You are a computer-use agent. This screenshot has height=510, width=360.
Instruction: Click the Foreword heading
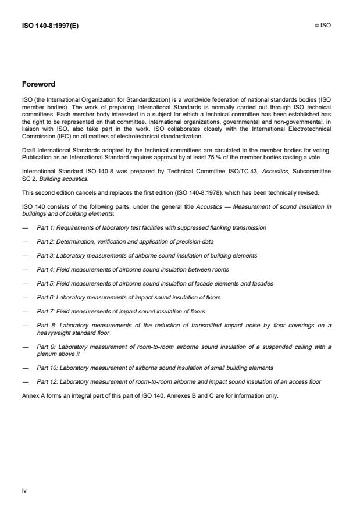[x=40, y=84]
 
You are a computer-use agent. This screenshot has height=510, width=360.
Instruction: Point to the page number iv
[x=24, y=490]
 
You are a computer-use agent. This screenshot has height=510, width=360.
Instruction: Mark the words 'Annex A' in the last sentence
[x=33, y=395]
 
